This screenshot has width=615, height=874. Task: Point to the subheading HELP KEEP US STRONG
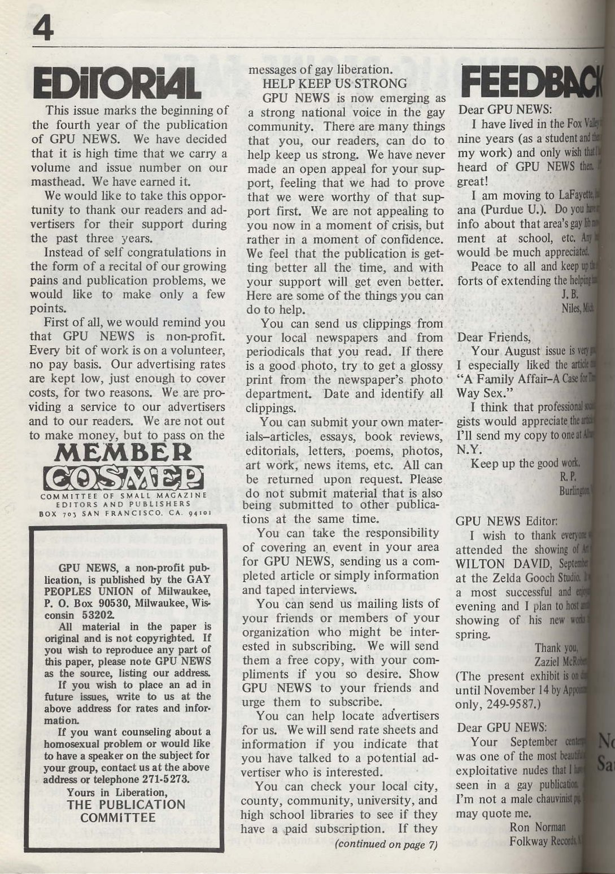point(335,84)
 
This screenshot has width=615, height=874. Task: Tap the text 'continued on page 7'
point(386,845)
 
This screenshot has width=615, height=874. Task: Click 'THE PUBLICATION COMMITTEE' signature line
point(125,811)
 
